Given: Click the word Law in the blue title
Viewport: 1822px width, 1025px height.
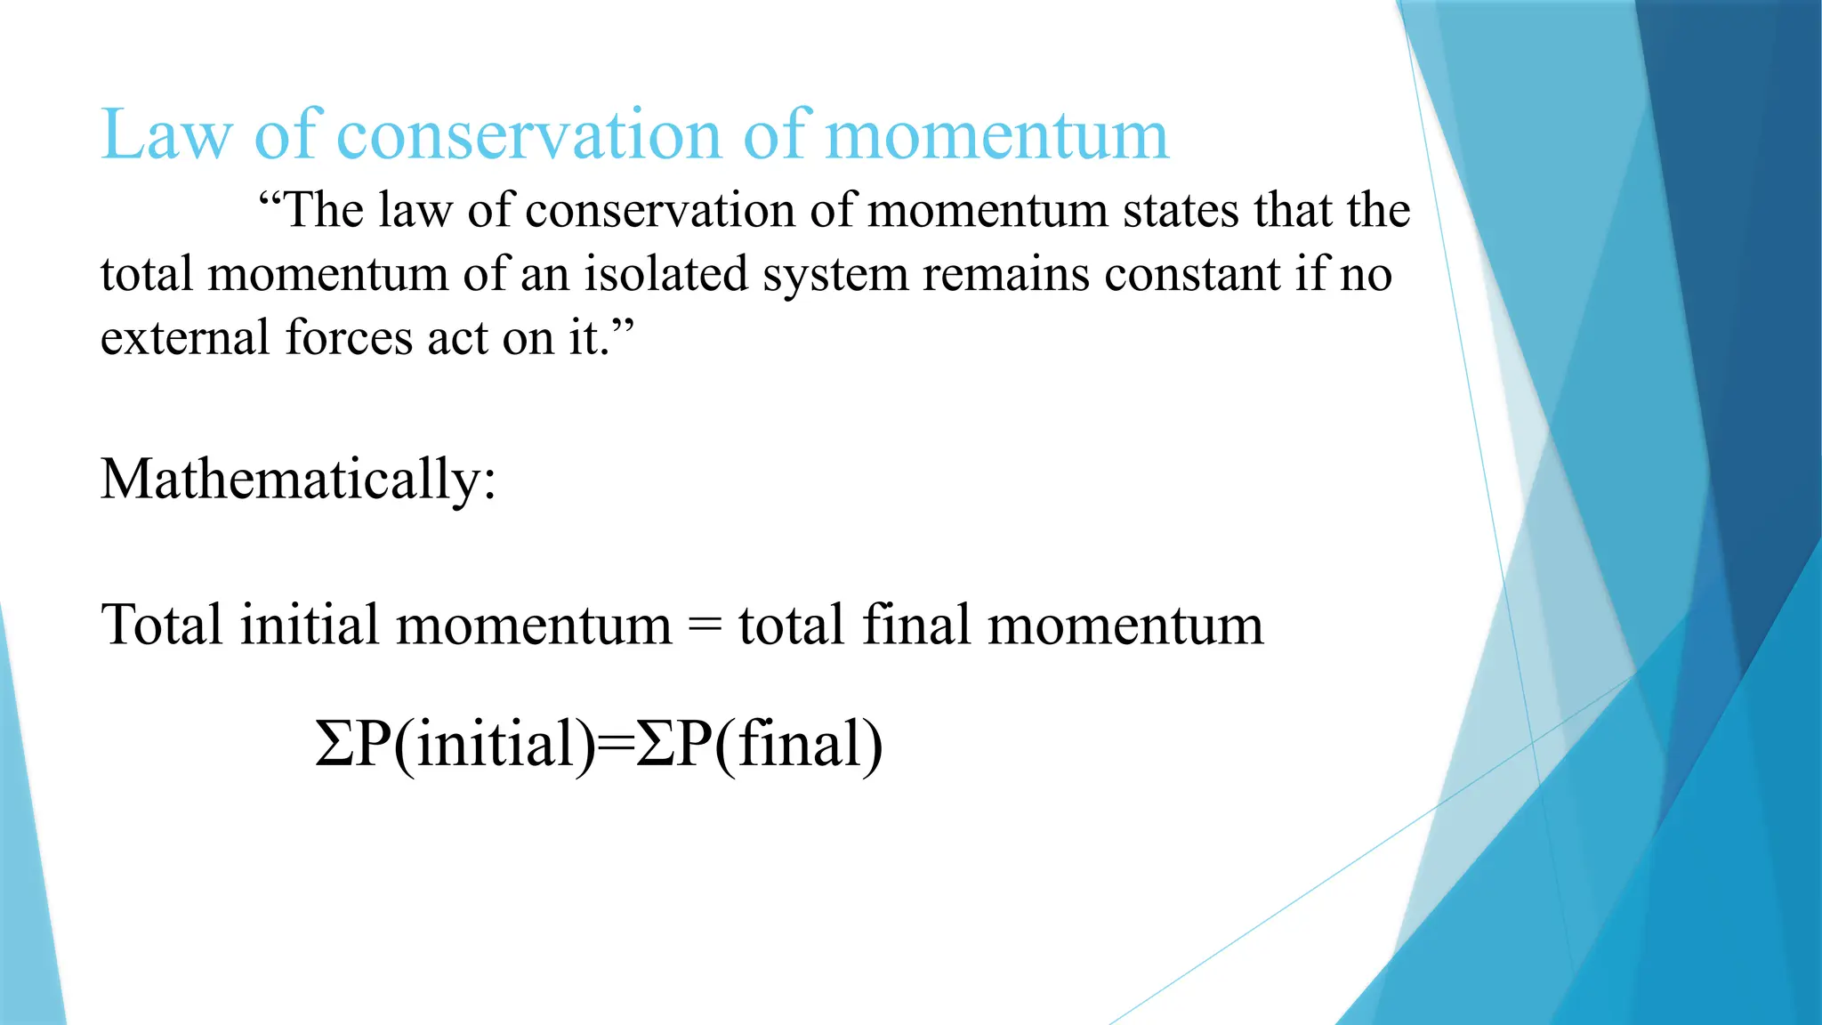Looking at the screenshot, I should point(166,135).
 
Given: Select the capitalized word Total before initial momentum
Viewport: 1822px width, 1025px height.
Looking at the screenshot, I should point(161,625).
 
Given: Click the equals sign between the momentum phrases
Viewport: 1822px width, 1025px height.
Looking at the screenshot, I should point(705,626).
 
